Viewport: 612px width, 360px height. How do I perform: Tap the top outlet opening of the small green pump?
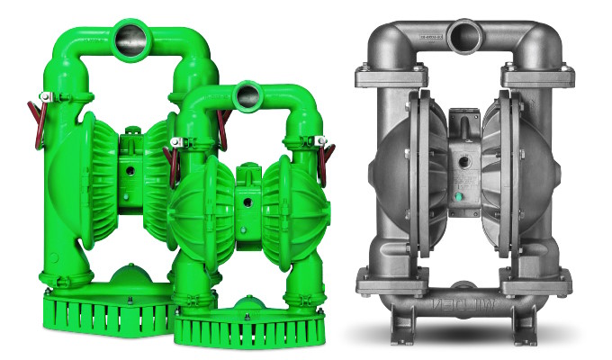tap(246, 93)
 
